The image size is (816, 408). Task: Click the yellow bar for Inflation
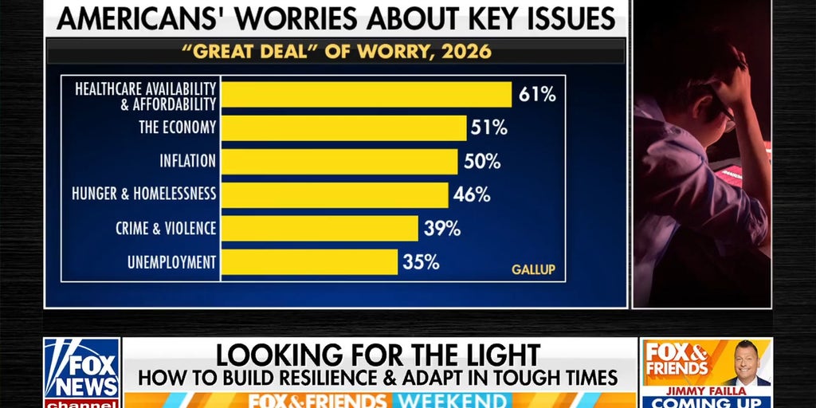coord(339,161)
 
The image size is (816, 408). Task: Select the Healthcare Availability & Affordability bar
coord(366,94)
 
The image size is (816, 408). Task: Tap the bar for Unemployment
coord(309,262)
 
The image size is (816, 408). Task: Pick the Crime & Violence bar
coord(319,228)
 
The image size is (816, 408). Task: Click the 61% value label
coord(536,94)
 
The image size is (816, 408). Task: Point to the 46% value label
coord(472,194)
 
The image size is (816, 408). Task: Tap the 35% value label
coord(421,262)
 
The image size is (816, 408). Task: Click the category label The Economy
coord(177,127)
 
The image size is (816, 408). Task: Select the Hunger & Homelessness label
coord(143,194)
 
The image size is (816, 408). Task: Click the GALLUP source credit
coord(533,269)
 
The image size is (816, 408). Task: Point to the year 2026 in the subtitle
coord(467,53)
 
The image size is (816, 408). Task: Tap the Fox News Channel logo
coord(81,371)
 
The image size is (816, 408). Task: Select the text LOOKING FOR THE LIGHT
coord(378,355)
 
